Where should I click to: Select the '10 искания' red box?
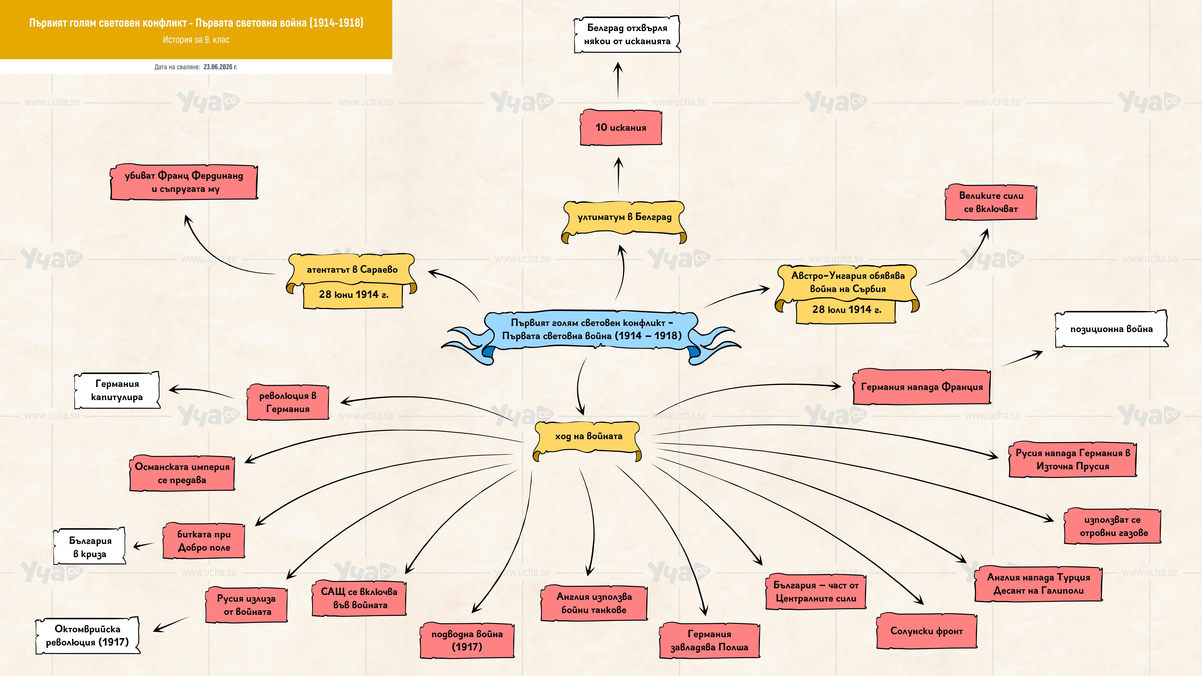[x=621, y=127]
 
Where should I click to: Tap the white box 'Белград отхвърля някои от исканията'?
[x=627, y=34]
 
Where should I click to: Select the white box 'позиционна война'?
[x=1111, y=329]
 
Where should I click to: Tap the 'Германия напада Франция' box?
[x=922, y=387]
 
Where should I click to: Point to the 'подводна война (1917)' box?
[x=467, y=640]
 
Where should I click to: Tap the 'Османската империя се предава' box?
[x=182, y=473]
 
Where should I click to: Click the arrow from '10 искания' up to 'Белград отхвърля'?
[x=618, y=81]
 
